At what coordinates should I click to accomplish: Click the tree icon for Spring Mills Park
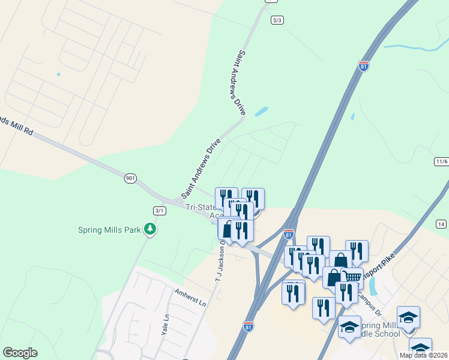[149, 230]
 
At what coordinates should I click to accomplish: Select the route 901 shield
[130, 178]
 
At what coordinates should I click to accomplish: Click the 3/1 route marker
[159, 210]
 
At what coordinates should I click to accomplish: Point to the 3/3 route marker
[277, 20]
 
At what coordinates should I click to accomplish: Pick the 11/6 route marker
[441, 161]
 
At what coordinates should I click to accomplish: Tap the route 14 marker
[441, 224]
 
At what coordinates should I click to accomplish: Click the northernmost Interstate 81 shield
[364, 66]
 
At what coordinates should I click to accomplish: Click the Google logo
[20, 353]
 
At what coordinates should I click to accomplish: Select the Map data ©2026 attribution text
[424, 355]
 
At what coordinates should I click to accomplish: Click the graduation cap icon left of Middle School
[349, 327]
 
